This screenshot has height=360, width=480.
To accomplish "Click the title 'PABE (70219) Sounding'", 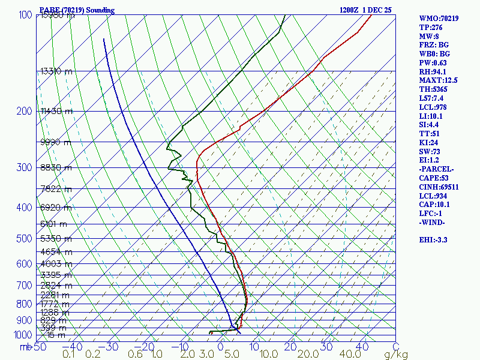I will coord(77,10).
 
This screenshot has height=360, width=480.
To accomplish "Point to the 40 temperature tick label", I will coord(362,347).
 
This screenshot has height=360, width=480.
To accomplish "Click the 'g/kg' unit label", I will coord(395,355).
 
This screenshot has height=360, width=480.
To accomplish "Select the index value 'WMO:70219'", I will coord(439,19).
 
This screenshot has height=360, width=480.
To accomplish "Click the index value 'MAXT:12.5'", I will coord(438,80).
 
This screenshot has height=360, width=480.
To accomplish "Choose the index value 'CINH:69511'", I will coord(439,187).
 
